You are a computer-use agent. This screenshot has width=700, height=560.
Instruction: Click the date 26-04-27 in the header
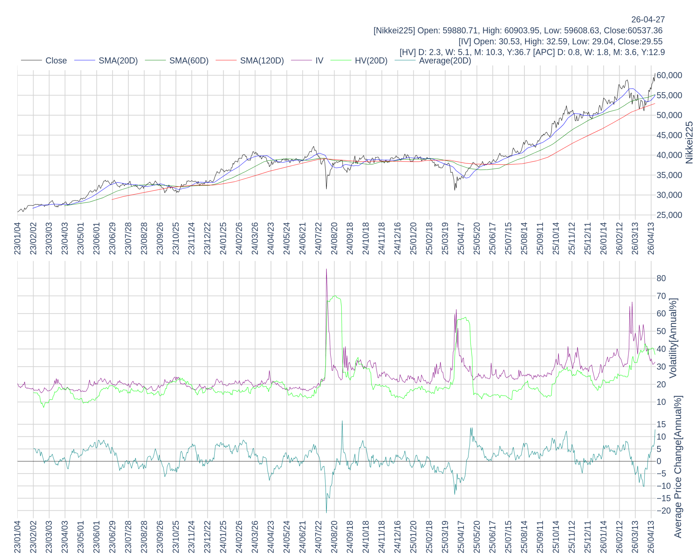click(x=648, y=19)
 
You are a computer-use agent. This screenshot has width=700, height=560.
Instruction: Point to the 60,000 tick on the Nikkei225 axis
click(x=669, y=75)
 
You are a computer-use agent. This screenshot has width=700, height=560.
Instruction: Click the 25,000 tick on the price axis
click(x=669, y=215)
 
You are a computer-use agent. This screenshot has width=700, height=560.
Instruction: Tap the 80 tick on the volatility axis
click(x=661, y=278)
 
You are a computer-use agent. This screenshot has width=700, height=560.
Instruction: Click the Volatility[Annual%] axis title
click(x=673, y=338)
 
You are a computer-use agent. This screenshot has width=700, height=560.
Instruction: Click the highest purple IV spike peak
click(x=326, y=269)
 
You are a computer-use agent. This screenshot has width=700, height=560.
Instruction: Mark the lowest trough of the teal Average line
click(x=326, y=512)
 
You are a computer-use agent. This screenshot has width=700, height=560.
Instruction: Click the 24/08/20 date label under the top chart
click(x=334, y=238)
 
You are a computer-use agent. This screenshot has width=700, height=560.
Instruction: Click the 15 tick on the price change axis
click(x=661, y=424)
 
